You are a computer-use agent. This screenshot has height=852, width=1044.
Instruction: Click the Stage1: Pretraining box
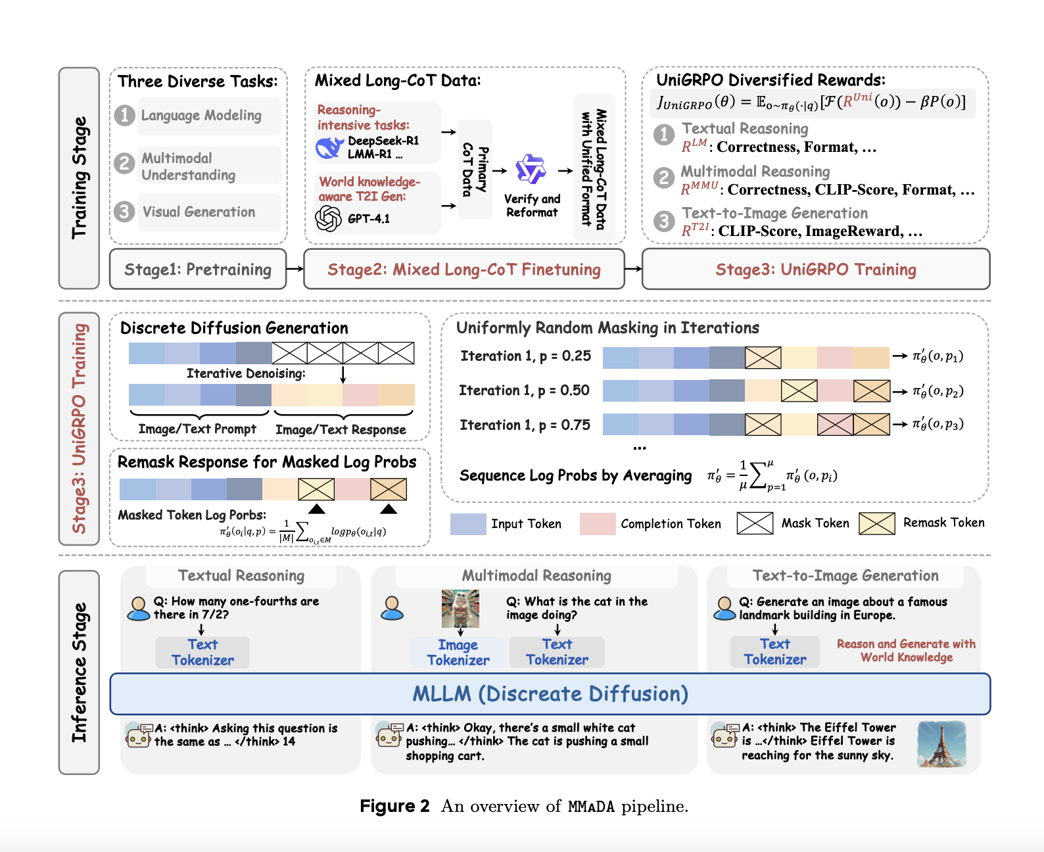pyautogui.click(x=198, y=270)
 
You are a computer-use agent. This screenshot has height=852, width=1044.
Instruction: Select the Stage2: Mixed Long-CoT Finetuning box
pyautogui.click(x=464, y=270)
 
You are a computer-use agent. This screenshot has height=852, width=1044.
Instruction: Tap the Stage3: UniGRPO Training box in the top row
pyautogui.click(x=816, y=270)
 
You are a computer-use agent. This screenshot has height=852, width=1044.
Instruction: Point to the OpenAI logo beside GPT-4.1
pyautogui.click(x=328, y=218)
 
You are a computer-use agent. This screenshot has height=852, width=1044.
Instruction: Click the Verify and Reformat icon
pyautogui.click(x=531, y=170)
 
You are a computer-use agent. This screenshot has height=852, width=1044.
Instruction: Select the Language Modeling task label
pyautogui.click(x=201, y=116)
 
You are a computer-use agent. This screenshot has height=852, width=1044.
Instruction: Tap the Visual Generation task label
pyautogui.click(x=199, y=212)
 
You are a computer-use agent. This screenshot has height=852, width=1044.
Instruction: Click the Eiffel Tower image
pyautogui.click(x=941, y=744)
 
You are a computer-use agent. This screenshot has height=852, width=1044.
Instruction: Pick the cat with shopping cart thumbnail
pyautogui.click(x=460, y=608)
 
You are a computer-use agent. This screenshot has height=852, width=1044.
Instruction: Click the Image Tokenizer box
pyautogui.click(x=458, y=652)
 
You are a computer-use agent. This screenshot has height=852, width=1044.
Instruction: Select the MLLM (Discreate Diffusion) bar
pyautogui.click(x=550, y=694)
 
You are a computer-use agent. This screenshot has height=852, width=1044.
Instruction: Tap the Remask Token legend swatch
pyautogui.click(x=877, y=523)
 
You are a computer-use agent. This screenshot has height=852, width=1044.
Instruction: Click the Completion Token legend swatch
pyautogui.click(x=598, y=523)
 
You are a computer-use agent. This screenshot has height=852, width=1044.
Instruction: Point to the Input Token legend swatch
pyautogui.click(x=468, y=523)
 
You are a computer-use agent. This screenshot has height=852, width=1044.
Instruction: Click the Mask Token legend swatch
pyautogui.click(x=755, y=523)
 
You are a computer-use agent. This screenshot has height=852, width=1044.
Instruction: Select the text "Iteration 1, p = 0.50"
pyautogui.click(x=524, y=390)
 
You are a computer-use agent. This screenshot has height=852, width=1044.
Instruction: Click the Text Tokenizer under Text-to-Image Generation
pyautogui.click(x=775, y=651)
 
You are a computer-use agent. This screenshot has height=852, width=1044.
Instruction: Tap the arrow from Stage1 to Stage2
pyautogui.click(x=295, y=268)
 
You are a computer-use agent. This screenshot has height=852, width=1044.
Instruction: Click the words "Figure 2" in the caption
pyautogui.click(x=394, y=806)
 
